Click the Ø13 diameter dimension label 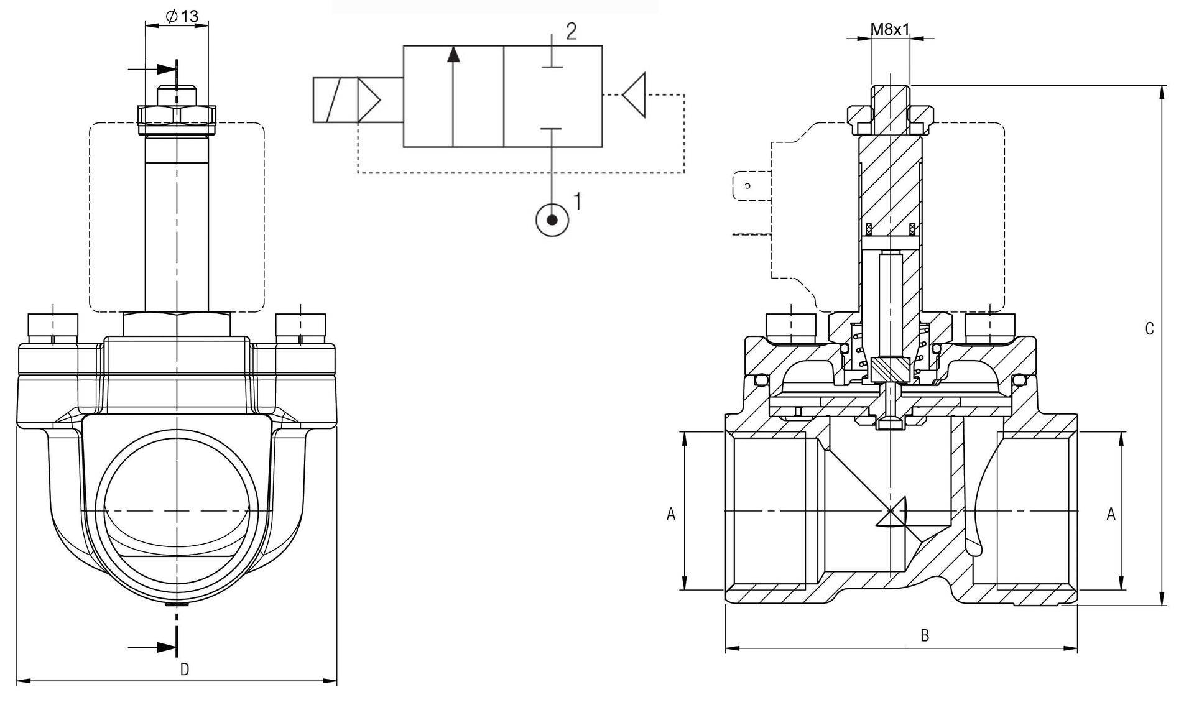pos(183,16)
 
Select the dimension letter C pos(1149,329)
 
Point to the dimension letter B pos(925,635)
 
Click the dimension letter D pos(184,669)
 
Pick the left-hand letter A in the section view pos(671,514)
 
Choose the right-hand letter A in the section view pos(1111,514)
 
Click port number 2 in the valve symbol pos(571,31)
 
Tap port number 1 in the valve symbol pos(578,201)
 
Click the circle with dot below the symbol pos(552,220)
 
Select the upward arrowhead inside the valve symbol pos(453,55)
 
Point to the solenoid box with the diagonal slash pos(335,99)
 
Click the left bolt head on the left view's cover pos(53,325)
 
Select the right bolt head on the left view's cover pos(301,325)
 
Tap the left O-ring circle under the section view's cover pos(758,379)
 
